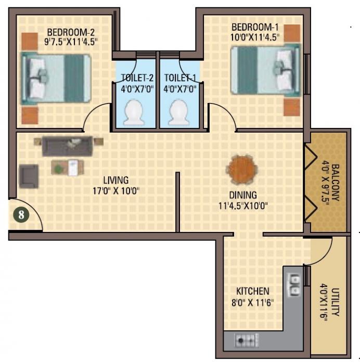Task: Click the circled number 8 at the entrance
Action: [x=21, y=214]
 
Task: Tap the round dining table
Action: [x=241, y=170]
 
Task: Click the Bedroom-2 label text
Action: [x=71, y=29]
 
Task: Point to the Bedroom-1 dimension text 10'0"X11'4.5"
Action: [x=255, y=37]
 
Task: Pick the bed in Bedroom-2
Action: [x=56, y=78]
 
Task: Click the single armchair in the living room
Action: [x=29, y=176]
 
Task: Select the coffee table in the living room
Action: [x=68, y=167]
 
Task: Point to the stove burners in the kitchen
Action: [x=248, y=341]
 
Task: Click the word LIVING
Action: [x=115, y=180]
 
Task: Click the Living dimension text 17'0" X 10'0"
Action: [x=115, y=190]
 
